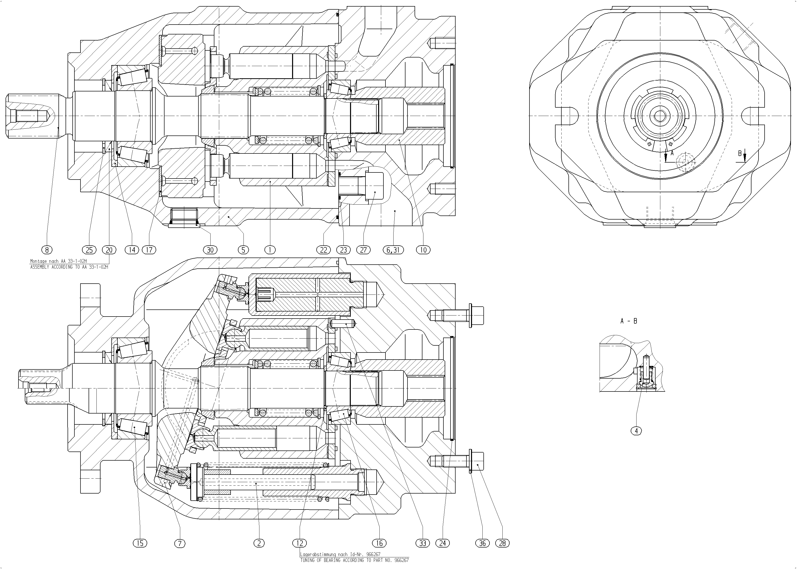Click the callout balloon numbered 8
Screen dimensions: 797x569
click(x=47, y=250)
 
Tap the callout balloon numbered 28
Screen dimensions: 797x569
click(x=502, y=543)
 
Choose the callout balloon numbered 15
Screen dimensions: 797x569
click(x=140, y=543)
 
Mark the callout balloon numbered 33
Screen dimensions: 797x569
click(x=423, y=543)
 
